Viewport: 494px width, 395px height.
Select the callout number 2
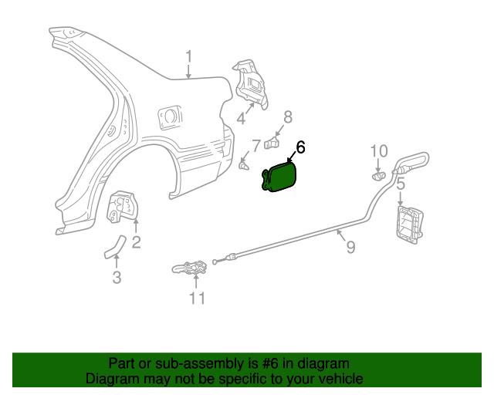pos(136,243)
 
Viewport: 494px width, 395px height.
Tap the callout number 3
pos(117,278)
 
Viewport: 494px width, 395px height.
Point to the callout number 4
pos(241,119)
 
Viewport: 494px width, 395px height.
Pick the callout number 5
pos(401,184)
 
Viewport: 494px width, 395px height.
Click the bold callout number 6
pos(301,147)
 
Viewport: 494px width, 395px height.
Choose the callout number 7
pos(256,145)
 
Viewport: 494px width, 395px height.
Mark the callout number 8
pos(288,117)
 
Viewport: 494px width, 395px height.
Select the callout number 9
pos(350,247)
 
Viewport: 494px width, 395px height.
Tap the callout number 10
pos(379,151)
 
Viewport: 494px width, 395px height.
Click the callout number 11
pos(197,297)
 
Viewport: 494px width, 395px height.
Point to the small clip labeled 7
pos(244,164)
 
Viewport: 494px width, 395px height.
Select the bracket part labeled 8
pos(272,142)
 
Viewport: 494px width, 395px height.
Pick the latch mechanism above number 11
pos(191,268)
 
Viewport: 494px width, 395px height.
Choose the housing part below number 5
pos(409,223)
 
